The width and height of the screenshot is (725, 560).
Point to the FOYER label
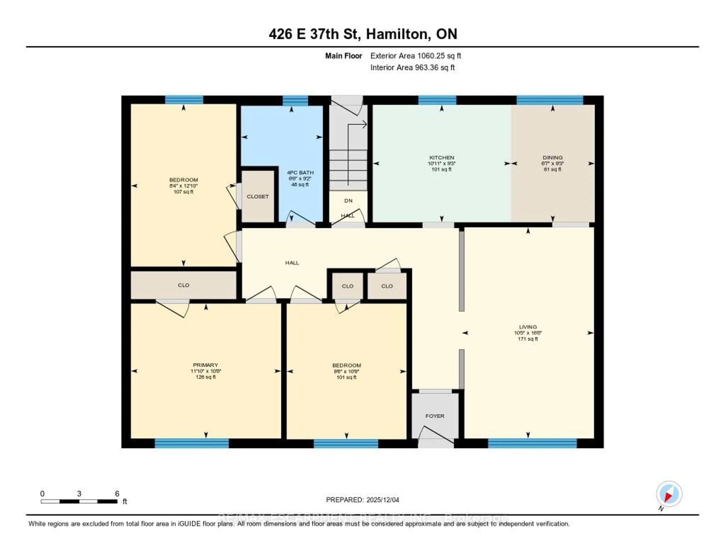435,416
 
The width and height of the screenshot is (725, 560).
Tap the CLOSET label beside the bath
258,197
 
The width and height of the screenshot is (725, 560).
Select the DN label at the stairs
348,201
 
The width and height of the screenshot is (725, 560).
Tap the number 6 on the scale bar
117,494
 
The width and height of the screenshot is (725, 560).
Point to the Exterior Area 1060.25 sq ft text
416,56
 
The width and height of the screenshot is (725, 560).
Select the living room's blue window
532,444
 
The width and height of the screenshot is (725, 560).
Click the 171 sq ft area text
528,339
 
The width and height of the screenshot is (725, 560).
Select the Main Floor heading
343,56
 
